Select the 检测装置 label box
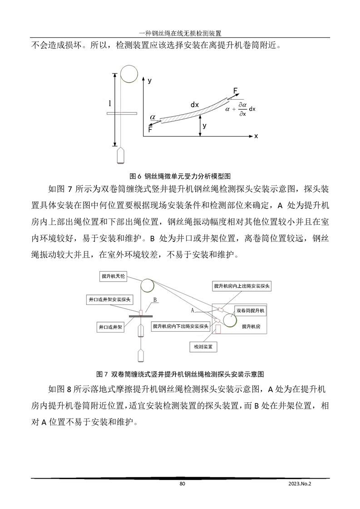(x=203, y=346)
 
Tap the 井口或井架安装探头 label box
(x=109, y=300)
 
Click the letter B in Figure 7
(x=155, y=300)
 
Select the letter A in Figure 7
(x=192, y=310)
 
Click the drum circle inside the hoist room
(x=229, y=319)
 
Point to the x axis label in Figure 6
(x=256, y=136)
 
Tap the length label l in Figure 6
(x=109, y=104)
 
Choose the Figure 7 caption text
(x=181, y=374)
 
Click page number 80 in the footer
(x=182, y=484)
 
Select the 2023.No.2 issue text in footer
(x=301, y=484)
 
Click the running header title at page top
(x=180, y=33)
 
